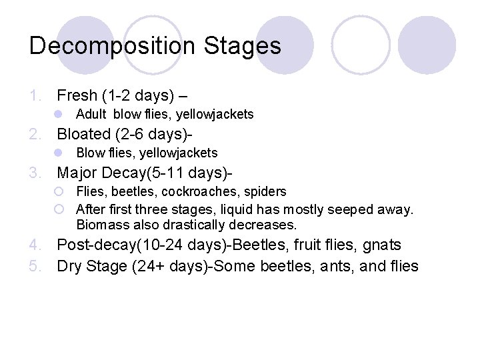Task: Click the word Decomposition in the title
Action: (x=112, y=46)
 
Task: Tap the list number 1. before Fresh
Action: (x=37, y=95)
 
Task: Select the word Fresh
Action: (x=77, y=95)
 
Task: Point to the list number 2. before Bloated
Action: (x=37, y=134)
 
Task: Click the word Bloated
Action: (x=85, y=134)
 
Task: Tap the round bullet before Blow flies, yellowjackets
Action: (x=59, y=153)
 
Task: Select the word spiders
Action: (x=265, y=192)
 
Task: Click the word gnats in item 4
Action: (x=383, y=245)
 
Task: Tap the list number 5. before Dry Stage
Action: (x=37, y=267)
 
